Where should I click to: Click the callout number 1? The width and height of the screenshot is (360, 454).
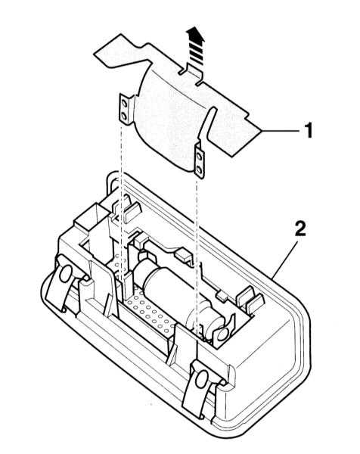309,130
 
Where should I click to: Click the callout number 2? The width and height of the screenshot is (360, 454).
299,229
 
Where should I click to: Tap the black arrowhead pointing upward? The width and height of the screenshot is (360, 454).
195,35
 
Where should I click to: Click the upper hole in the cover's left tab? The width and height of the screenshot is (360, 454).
124,104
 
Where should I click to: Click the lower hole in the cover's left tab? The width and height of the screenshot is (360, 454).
124,116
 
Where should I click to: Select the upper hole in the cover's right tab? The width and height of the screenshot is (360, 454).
199,157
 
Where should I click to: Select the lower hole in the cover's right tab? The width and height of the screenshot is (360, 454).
200,169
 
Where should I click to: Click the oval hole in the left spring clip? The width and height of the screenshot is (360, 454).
65,274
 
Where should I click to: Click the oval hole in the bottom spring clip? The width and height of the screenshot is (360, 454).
202,379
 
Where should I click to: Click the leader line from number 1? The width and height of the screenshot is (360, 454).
281,131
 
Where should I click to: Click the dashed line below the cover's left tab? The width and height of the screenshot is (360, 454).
122,203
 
